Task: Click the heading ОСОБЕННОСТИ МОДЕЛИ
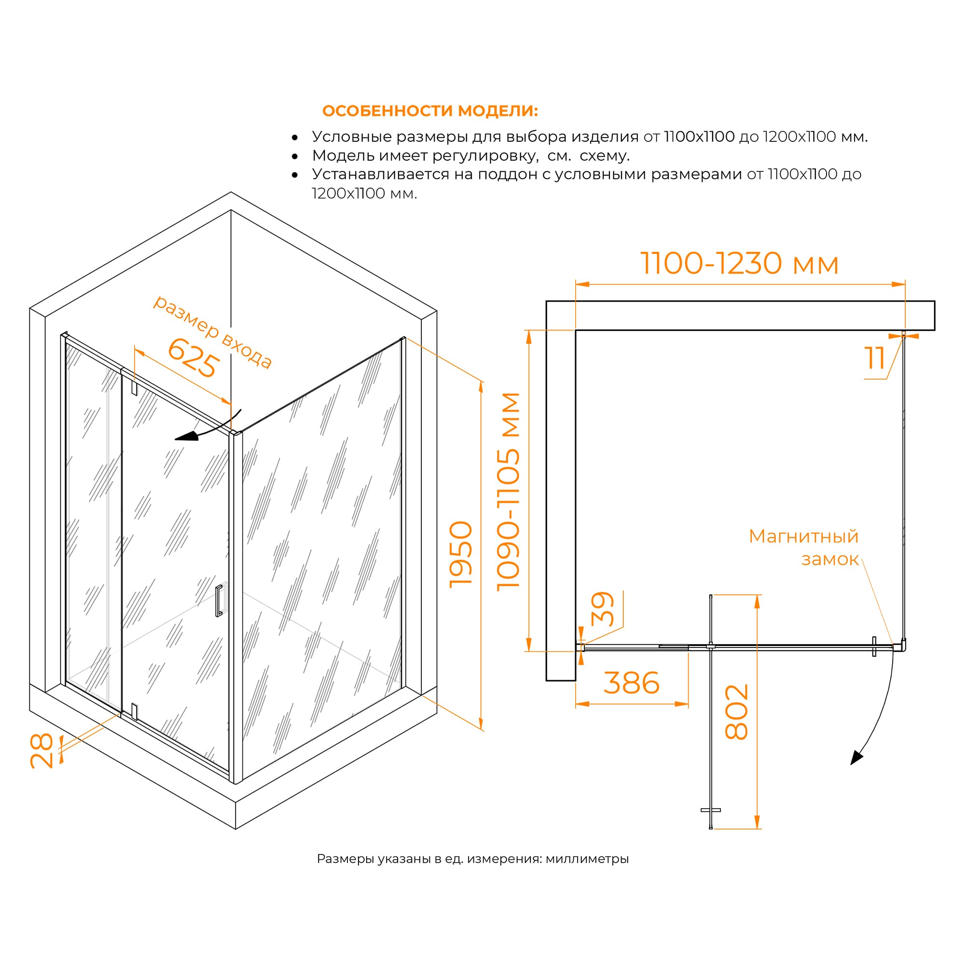[x=430, y=111]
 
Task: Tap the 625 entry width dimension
[x=193, y=358]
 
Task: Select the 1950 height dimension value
[x=460, y=554]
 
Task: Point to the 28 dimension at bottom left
[x=41, y=750]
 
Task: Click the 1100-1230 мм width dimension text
[x=739, y=263]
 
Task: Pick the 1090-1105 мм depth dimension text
[x=508, y=492]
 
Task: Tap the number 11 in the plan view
[x=875, y=358]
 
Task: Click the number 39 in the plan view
[x=602, y=609]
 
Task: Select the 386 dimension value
[x=631, y=683]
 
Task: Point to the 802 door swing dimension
[x=736, y=712]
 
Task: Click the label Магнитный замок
[x=804, y=548]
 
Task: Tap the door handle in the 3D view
[x=219, y=600]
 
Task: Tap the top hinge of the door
[x=134, y=388]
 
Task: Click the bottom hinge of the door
[x=134, y=711]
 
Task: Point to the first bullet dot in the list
[x=295, y=138]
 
